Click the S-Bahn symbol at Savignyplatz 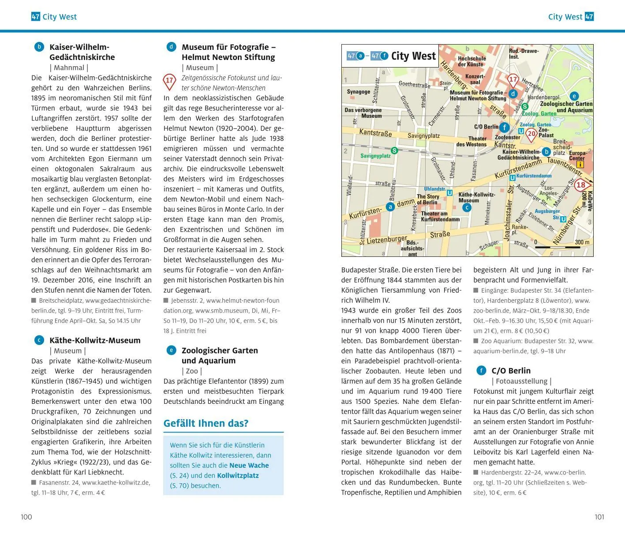coord(394,150)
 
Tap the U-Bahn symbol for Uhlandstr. coord(449,193)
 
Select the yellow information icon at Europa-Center coord(580,165)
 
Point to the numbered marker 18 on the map coord(581,185)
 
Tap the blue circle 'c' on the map coord(466,207)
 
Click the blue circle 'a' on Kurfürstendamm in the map coord(390,207)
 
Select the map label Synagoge coord(358,92)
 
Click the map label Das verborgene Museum coord(363,113)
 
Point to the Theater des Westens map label coord(471,141)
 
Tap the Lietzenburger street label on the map coord(387,240)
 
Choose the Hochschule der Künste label coord(472,61)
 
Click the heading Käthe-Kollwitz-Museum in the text coord(95,340)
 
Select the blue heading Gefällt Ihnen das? coord(206,423)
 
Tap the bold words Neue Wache coord(249,465)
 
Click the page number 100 coord(26,517)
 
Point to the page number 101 coord(599,517)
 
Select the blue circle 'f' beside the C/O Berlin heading coord(481,371)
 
